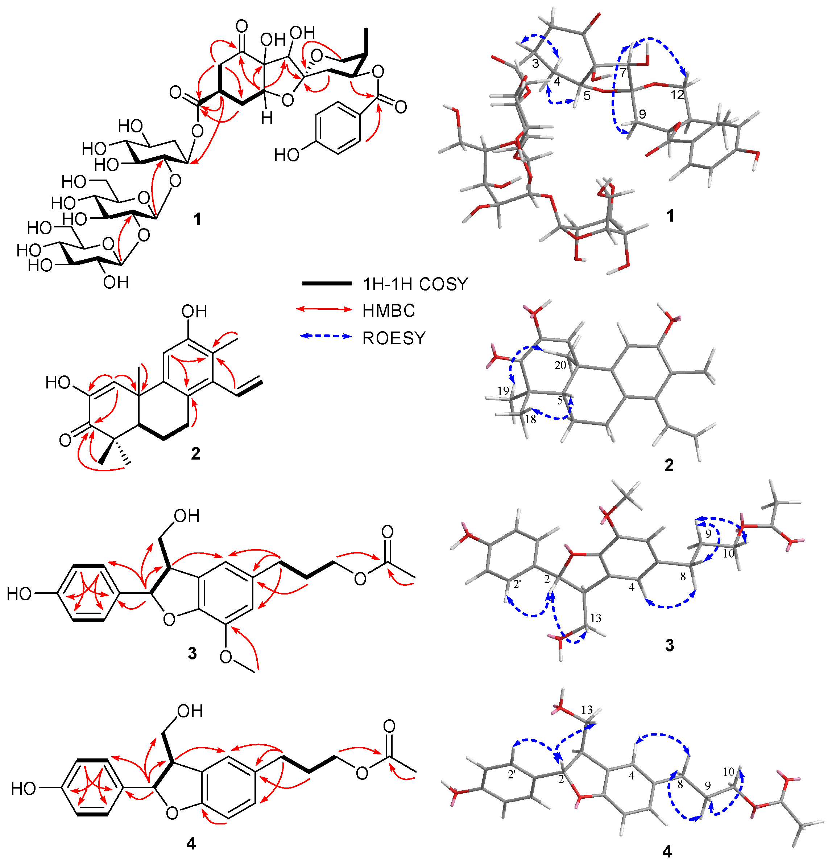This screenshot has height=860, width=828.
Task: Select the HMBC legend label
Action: (389, 310)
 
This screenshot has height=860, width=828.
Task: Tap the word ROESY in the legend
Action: (394, 338)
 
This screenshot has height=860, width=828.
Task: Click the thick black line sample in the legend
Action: (326, 284)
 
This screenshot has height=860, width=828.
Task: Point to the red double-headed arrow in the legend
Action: (324, 309)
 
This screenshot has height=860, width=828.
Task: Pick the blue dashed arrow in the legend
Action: (326, 337)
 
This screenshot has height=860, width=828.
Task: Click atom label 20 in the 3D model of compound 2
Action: (560, 365)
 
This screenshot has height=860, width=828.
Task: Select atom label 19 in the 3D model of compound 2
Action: (503, 391)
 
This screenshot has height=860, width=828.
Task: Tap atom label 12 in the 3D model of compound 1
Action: (677, 94)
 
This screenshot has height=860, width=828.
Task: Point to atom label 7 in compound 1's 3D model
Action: (623, 73)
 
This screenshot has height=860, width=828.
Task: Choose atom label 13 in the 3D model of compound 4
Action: (587, 709)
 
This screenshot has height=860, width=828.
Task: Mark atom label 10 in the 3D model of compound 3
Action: (728, 554)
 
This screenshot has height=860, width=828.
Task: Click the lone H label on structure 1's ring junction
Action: (267, 118)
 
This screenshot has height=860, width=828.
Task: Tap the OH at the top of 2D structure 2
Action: (194, 312)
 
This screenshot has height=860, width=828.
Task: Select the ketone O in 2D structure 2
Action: (65, 440)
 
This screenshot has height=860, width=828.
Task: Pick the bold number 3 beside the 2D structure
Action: (192, 653)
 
